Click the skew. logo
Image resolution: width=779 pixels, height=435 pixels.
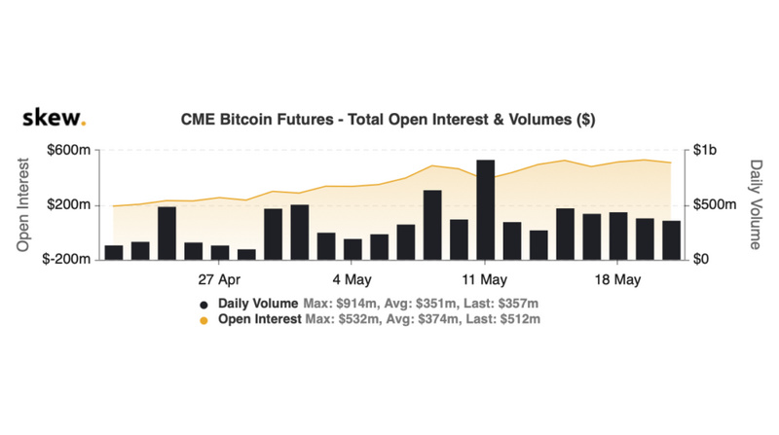point(54,119)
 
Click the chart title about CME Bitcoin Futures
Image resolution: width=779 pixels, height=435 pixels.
point(389,120)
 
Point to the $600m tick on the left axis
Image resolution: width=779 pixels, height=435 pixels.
point(69,151)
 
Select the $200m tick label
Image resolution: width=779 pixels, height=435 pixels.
point(69,205)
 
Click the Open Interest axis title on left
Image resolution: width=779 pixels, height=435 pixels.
point(23,205)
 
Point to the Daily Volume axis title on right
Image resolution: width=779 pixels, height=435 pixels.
point(755,205)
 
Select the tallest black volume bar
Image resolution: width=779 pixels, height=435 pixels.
point(485,209)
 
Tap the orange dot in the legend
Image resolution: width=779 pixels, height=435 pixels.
point(204,319)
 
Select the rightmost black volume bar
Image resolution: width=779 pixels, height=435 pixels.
point(671,239)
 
